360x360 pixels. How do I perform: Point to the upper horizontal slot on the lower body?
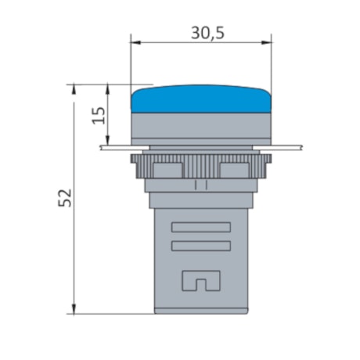point(200,228)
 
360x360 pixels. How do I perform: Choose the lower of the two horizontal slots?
point(200,246)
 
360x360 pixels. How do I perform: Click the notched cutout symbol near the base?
point(200,279)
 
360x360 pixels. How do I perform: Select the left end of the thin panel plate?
point(104,146)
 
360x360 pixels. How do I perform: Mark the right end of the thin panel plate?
point(297,146)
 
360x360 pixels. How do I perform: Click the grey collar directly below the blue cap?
point(201,125)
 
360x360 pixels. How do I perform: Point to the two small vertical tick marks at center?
point(200,185)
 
